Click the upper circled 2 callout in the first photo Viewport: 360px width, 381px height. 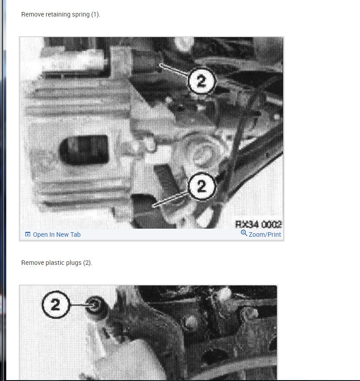point(202,81)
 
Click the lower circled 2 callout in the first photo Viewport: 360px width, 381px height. point(202,186)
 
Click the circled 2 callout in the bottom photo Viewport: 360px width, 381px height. point(56,305)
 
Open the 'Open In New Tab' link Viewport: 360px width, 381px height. point(57,234)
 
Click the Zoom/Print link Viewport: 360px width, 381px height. point(265,234)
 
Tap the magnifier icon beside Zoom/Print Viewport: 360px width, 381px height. point(244,233)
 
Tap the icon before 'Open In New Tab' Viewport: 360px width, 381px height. point(28,234)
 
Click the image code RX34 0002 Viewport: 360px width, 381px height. point(258,224)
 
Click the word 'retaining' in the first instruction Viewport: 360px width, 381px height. point(58,14)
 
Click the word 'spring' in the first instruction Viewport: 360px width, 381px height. point(81,14)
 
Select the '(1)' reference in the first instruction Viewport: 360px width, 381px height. point(96,14)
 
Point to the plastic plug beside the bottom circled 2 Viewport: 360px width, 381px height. point(95,305)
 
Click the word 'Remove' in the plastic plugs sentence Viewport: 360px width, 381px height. point(32,263)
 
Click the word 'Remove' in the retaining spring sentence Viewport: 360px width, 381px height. point(32,14)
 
